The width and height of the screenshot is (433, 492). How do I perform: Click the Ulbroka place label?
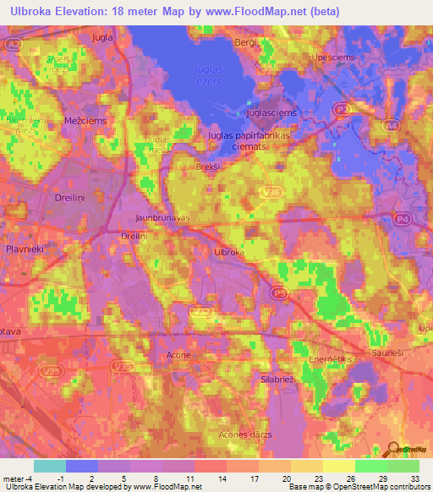click(x=229, y=253)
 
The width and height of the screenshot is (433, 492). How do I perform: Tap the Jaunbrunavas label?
click(x=160, y=217)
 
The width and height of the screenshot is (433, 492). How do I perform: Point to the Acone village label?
click(x=178, y=354)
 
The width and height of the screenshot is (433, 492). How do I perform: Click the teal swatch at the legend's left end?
click(x=49, y=466)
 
